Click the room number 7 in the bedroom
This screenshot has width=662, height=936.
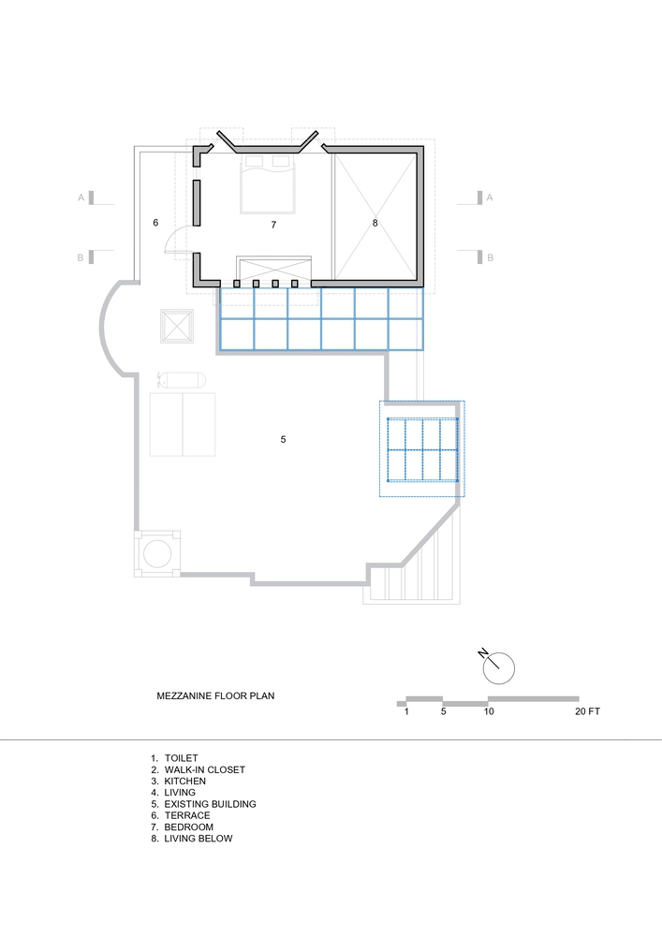point(273,225)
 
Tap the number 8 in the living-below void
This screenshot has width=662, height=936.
point(375,224)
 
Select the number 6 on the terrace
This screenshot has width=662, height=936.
point(155,223)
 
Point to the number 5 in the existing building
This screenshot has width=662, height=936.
point(283,439)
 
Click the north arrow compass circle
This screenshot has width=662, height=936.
point(498,668)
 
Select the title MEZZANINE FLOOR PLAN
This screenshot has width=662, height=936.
point(215,695)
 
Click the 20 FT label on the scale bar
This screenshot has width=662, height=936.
point(587,711)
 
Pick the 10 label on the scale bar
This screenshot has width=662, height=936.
point(488,711)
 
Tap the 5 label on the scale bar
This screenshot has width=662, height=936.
point(444,711)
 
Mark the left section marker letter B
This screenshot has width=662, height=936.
point(81,258)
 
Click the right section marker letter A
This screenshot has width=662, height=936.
point(490,197)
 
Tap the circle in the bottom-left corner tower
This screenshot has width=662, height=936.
point(157,553)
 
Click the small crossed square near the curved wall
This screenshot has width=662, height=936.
point(177,326)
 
